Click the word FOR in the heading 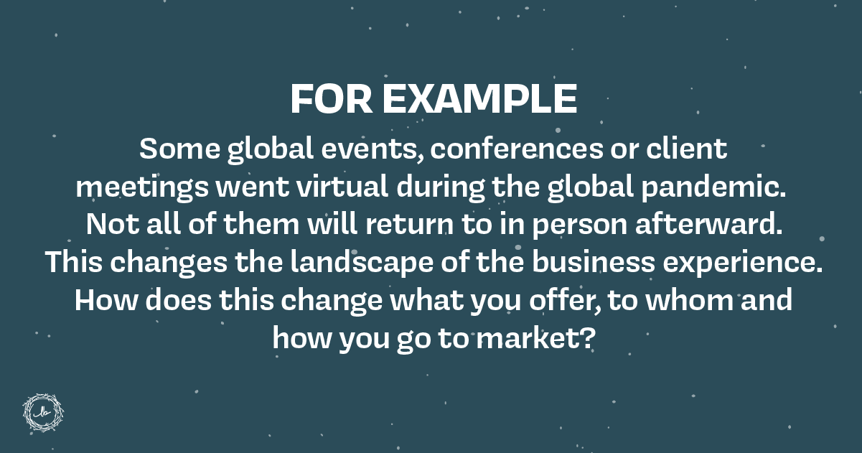click(332, 99)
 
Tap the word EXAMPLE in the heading click(480, 99)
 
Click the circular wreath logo click(43, 413)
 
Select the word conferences click(517, 149)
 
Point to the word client click(687, 149)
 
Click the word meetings click(142, 187)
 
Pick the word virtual click(342, 186)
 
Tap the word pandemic click(713, 187)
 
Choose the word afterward click(709, 224)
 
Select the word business click(594, 262)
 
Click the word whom click(689, 299)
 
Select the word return click(410, 225)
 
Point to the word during click(440, 187)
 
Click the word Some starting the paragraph click(179, 149)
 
